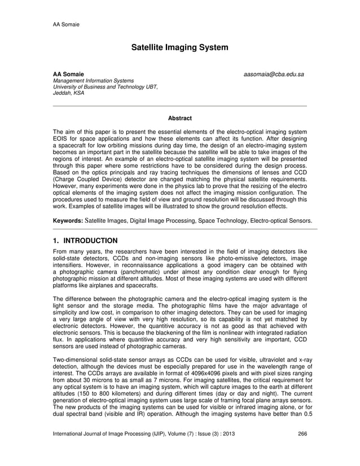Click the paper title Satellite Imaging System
pyautogui.click(x=179, y=47)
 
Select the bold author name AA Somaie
pyautogui.click(x=68, y=74)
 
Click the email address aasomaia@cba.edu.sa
pyautogui.click(x=274, y=74)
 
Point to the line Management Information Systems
pyautogui.click(x=93, y=81)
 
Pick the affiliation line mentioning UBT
pyautogui.click(x=105, y=87)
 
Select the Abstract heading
pyautogui.click(x=179, y=118)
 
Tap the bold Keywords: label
pyautogui.click(x=70, y=221)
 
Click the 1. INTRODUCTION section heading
pyautogui.click(x=85, y=241)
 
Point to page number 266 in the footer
pyautogui.click(x=302, y=449)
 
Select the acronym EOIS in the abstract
pyautogui.click(x=62, y=139)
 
